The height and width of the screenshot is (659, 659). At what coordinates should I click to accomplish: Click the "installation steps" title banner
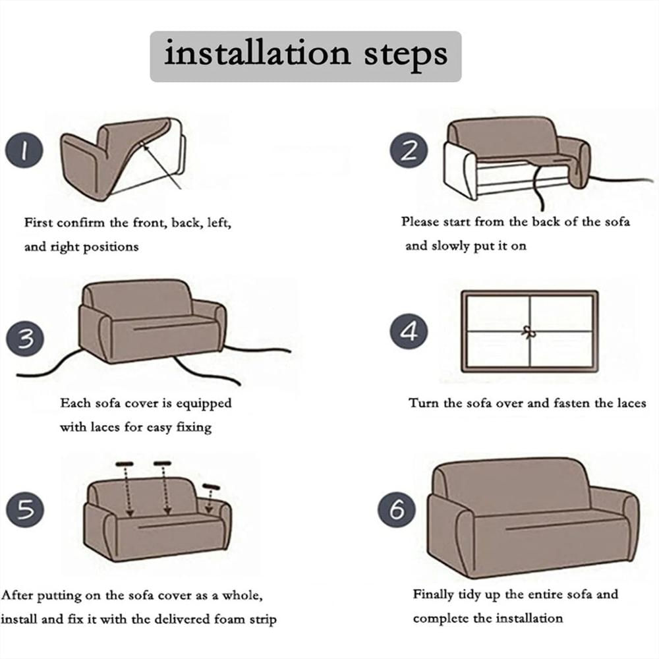(x=306, y=56)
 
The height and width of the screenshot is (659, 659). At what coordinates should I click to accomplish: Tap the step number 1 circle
(x=24, y=150)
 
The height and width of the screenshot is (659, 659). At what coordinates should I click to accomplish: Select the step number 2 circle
(x=409, y=150)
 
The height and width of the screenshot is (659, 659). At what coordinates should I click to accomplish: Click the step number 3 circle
(x=25, y=339)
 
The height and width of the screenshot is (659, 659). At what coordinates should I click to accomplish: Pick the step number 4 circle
(x=409, y=331)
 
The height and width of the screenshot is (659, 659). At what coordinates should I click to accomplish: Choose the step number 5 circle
(x=25, y=509)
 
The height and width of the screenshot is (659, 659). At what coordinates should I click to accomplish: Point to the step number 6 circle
(x=397, y=509)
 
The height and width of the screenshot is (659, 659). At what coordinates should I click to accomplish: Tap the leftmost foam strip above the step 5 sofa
(x=125, y=464)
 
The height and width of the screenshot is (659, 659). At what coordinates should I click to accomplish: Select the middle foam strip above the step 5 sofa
(x=162, y=463)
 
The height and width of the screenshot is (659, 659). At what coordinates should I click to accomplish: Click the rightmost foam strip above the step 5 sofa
(x=211, y=487)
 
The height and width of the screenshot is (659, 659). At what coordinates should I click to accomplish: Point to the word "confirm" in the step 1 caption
(x=80, y=222)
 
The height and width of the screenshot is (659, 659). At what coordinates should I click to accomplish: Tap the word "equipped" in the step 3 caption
(x=204, y=403)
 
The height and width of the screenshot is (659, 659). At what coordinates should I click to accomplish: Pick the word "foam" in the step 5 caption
(x=229, y=619)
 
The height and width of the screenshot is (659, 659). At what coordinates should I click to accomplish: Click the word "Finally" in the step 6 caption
(x=434, y=594)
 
